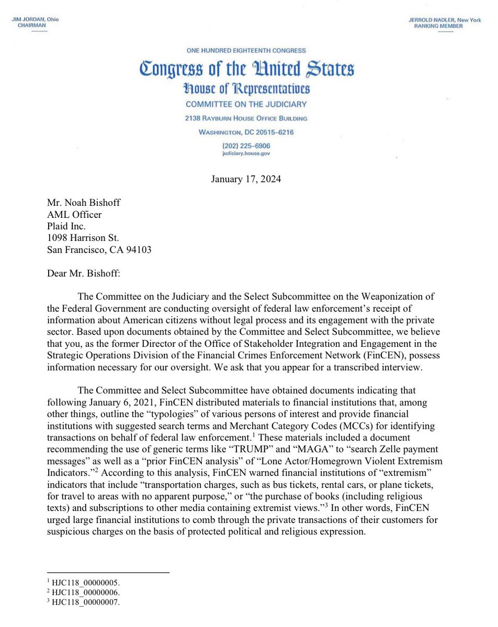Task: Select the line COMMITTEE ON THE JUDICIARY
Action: pos(246,104)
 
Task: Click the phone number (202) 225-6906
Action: pos(246,146)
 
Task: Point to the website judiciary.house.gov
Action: pos(246,154)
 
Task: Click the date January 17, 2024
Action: pos(246,179)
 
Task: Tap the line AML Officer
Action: pos(74,215)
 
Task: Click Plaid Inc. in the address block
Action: pos(67,226)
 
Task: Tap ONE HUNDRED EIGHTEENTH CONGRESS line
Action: pos(246,51)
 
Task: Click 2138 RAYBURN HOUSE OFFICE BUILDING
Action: pos(246,118)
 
